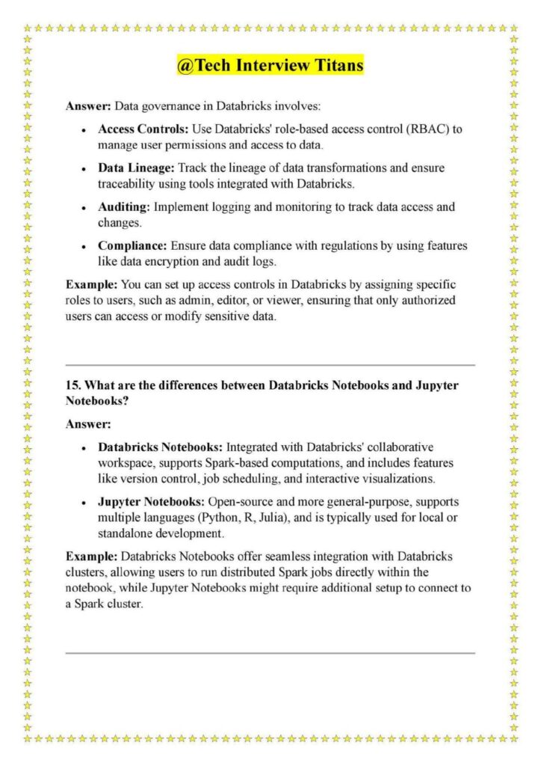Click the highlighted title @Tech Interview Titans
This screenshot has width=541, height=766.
(270, 66)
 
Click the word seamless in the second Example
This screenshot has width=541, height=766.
(273, 557)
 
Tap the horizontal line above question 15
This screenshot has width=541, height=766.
(270, 365)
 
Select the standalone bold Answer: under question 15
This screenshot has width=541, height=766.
(88, 424)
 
